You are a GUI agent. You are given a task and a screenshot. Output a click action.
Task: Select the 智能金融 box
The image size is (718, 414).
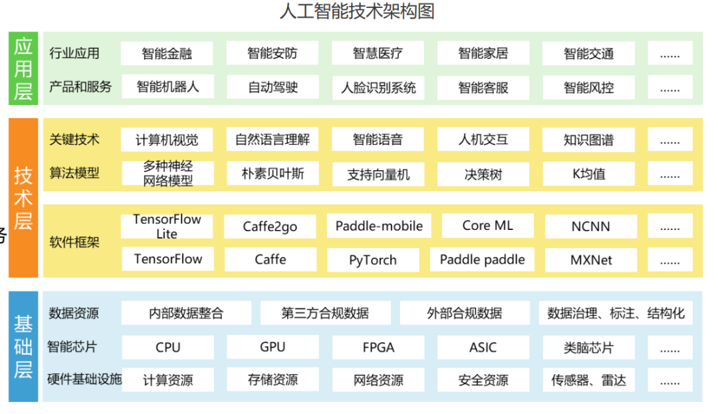pos(167,53)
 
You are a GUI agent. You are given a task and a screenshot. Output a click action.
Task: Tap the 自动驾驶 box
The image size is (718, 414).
pos(273,86)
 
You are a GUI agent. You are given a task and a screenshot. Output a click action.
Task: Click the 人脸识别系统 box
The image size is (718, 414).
pos(378,87)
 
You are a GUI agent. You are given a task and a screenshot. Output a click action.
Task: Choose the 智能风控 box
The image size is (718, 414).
pos(588,87)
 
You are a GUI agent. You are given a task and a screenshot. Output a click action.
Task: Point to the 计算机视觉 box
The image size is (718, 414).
pos(167,140)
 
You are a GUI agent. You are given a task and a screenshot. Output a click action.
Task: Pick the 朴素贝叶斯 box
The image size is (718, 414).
pos(273,173)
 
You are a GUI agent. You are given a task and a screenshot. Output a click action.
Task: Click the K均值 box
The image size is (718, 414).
pos(588,174)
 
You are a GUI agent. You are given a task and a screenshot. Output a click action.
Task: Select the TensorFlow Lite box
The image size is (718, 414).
pos(167,226)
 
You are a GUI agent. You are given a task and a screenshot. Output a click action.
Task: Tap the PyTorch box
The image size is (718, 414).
pos(373,260)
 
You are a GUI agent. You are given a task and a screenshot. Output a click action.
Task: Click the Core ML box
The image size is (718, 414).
pos(487,225)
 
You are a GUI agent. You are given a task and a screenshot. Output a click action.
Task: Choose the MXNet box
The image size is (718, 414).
pos(591,259)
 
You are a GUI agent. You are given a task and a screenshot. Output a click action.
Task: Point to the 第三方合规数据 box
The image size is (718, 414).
pos(325,313)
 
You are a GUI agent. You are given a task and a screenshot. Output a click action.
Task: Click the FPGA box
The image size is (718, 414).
pos(378,347)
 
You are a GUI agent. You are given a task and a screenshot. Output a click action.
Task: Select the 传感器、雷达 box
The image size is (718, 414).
pos(588,381)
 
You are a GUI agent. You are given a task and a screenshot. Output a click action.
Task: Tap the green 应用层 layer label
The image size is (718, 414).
pos(23,68)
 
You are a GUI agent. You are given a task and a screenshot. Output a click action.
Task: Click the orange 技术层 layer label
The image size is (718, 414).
pos(23,198)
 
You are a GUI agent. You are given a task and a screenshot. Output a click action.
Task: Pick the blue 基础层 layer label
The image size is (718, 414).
pos(23,346)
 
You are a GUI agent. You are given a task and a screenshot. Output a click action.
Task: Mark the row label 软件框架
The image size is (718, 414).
pos(74,242)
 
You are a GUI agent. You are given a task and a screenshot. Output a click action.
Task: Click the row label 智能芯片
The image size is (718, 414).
pos(72,347)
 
